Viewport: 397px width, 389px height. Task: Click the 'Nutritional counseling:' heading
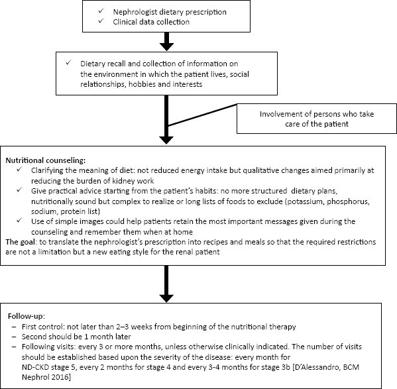point(46,160)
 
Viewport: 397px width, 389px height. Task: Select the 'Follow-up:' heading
point(27,316)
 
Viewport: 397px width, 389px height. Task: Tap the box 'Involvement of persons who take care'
point(317,119)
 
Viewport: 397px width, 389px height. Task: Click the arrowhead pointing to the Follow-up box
point(166,298)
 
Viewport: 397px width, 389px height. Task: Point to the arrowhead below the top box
point(166,47)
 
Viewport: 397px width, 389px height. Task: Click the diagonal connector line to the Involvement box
point(203,115)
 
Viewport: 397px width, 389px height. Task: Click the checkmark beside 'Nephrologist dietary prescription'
point(101,11)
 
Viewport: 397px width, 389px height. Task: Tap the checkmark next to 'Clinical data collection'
point(101,21)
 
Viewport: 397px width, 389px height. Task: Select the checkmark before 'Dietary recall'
point(69,62)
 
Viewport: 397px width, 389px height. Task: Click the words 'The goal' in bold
point(21,242)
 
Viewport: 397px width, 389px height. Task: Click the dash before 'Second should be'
point(14,337)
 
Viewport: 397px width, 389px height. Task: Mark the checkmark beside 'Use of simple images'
point(19,221)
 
